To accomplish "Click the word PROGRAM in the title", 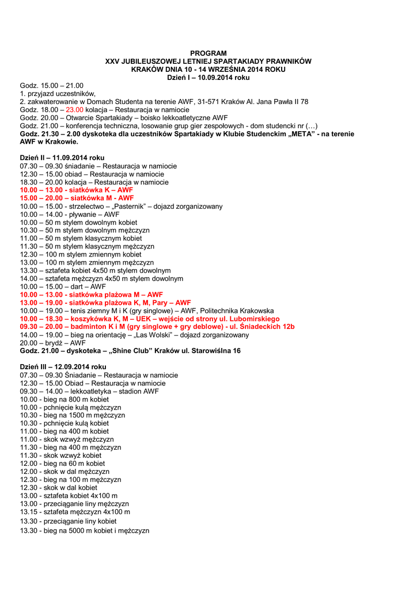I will pyautogui.click(x=208, y=53).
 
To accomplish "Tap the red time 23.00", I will pyautogui.click(x=75, y=109).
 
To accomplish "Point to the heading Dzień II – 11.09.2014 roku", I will pyautogui.click(x=62, y=158).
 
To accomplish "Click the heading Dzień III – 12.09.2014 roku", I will pyautogui.click(x=63, y=367).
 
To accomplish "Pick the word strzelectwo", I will pyautogui.click(x=86, y=206).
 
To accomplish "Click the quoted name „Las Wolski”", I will pyautogui.click(x=151, y=335).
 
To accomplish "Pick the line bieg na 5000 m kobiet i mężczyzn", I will pyautogui.click(x=85, y=530).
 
